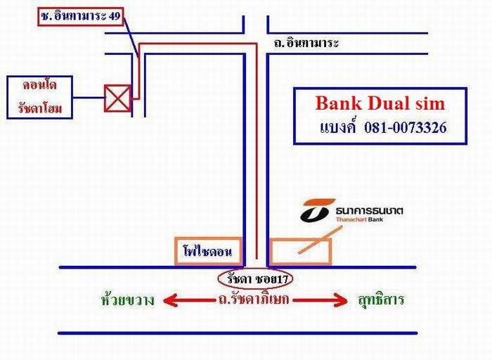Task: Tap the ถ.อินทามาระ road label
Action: pos(307,44)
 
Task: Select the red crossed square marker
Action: pos(117,98)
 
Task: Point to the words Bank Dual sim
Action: pos(380,103)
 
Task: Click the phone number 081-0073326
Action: pos(406,129)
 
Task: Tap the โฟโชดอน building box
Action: pos(209,251)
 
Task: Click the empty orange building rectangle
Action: pos(301,251)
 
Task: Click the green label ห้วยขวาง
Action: pos(128,301)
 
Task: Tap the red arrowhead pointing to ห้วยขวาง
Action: pos(169,301)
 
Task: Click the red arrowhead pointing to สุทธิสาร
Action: pos(342,301)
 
